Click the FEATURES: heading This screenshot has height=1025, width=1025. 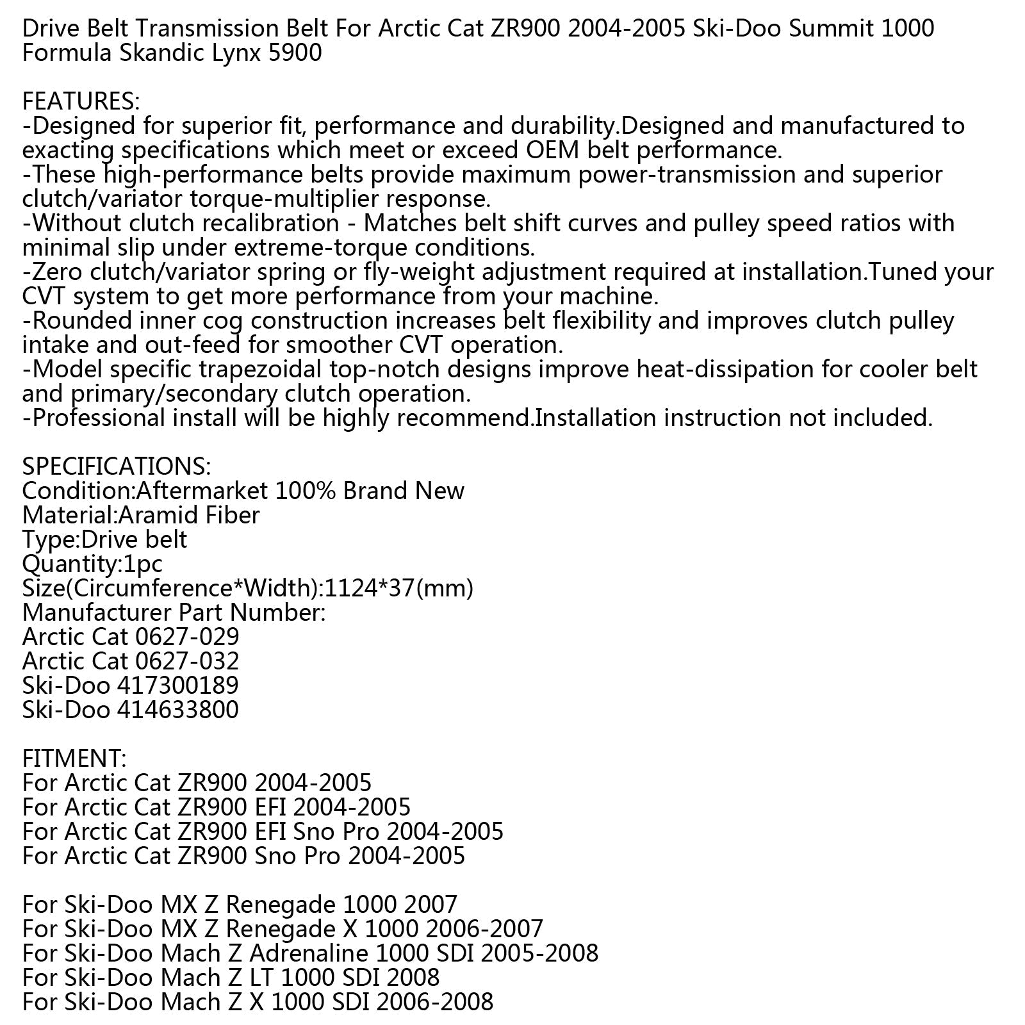tap(81, 101)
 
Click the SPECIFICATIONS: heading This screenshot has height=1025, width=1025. tap(116, 466)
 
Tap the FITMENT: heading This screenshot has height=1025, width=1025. tap(74, 758)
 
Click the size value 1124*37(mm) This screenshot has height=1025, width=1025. tap(400, 587)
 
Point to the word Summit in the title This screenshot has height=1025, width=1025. tap(828, 28)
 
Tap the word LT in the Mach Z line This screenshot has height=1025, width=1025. tap(262, 977)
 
